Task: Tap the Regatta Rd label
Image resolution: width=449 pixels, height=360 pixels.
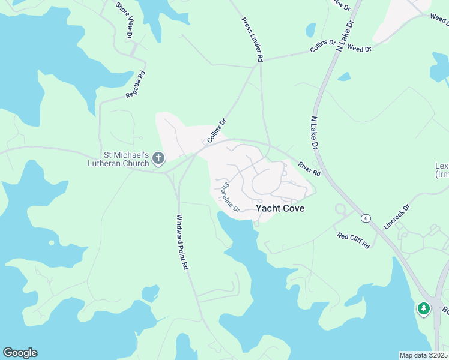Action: coord(136,85)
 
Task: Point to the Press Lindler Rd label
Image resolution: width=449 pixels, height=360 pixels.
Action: coord(253,40)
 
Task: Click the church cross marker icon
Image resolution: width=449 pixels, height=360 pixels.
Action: coord(158,158)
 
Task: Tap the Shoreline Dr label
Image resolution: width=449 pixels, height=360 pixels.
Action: coord(231,197)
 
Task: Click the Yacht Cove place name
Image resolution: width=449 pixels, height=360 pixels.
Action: coord(280,209)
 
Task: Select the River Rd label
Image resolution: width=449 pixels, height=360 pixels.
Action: coord(310,168)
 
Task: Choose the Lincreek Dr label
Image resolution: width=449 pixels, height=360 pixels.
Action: coord(396,218)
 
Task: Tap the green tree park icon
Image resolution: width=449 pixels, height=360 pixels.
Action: coord(424,309)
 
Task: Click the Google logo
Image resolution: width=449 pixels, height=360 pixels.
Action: coord(20,353)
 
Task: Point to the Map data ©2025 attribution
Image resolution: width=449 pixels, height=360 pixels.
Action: coord(423,355)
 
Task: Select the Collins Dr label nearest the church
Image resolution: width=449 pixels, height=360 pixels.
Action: coord(217,131)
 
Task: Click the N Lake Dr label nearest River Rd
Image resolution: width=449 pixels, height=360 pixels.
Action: coord(314,133)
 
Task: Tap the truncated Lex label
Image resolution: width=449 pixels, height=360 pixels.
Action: coord(441,166)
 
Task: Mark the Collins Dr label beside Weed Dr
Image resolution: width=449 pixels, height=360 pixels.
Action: coord(322,46)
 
